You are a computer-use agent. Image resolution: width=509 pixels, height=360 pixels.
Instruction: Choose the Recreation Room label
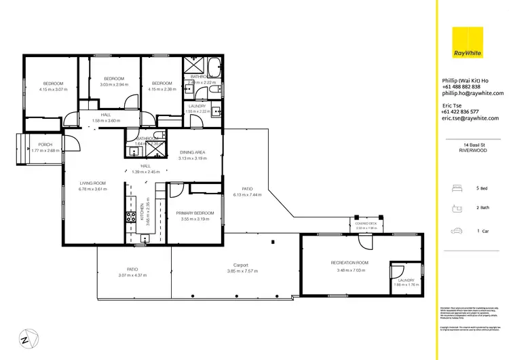[x=350, y=262]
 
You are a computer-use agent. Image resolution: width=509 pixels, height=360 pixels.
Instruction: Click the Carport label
[x=240, y=265]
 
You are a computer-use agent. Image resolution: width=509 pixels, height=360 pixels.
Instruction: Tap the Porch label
[x=45, y=145]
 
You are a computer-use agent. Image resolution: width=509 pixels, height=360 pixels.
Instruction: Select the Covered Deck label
[x=365, y=223]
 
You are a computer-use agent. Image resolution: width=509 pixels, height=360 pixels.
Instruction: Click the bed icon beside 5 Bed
[x=457, y=187]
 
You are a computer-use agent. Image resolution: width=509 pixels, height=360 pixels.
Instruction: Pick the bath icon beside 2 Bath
[x=457, y=209]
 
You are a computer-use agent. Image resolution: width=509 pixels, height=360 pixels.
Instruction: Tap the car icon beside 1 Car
[x=457, y=231]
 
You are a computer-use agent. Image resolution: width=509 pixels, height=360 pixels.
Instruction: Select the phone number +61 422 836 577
[x=461, y=111]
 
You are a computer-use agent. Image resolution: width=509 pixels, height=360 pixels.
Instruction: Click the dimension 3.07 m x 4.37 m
[x=132, y=275]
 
